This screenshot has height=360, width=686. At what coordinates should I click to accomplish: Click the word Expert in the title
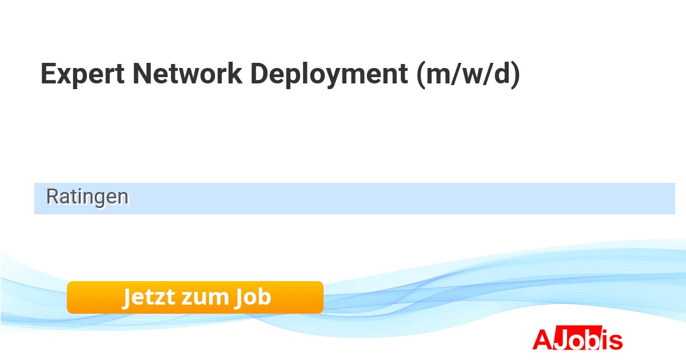[82, 74]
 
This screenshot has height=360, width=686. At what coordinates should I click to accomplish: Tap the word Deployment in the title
[329, 75]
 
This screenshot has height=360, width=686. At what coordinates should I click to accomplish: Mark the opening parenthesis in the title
[421, 75]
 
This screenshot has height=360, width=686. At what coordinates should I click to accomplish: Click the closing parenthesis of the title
[516, 75]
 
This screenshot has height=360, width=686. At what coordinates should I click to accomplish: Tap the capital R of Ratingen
[52, 196]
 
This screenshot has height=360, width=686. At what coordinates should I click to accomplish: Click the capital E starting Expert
[49, 74]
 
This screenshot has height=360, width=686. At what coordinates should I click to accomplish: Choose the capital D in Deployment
[260, 74]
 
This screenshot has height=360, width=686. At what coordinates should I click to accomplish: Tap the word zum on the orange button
[205, 298]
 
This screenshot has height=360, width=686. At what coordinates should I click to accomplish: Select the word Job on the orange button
[253, 297]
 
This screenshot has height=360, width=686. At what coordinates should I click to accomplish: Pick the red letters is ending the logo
[611, 339]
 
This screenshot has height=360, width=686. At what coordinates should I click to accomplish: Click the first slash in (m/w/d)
[456, 74]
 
